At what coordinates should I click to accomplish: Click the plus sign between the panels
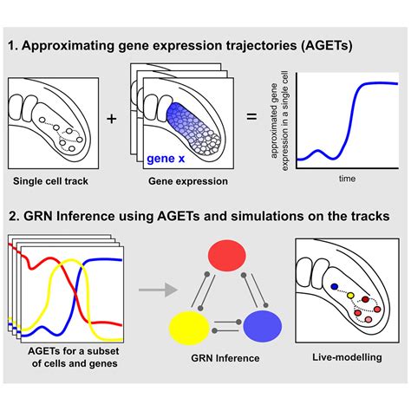(111, 119)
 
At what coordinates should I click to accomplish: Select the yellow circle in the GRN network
(188, 329)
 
